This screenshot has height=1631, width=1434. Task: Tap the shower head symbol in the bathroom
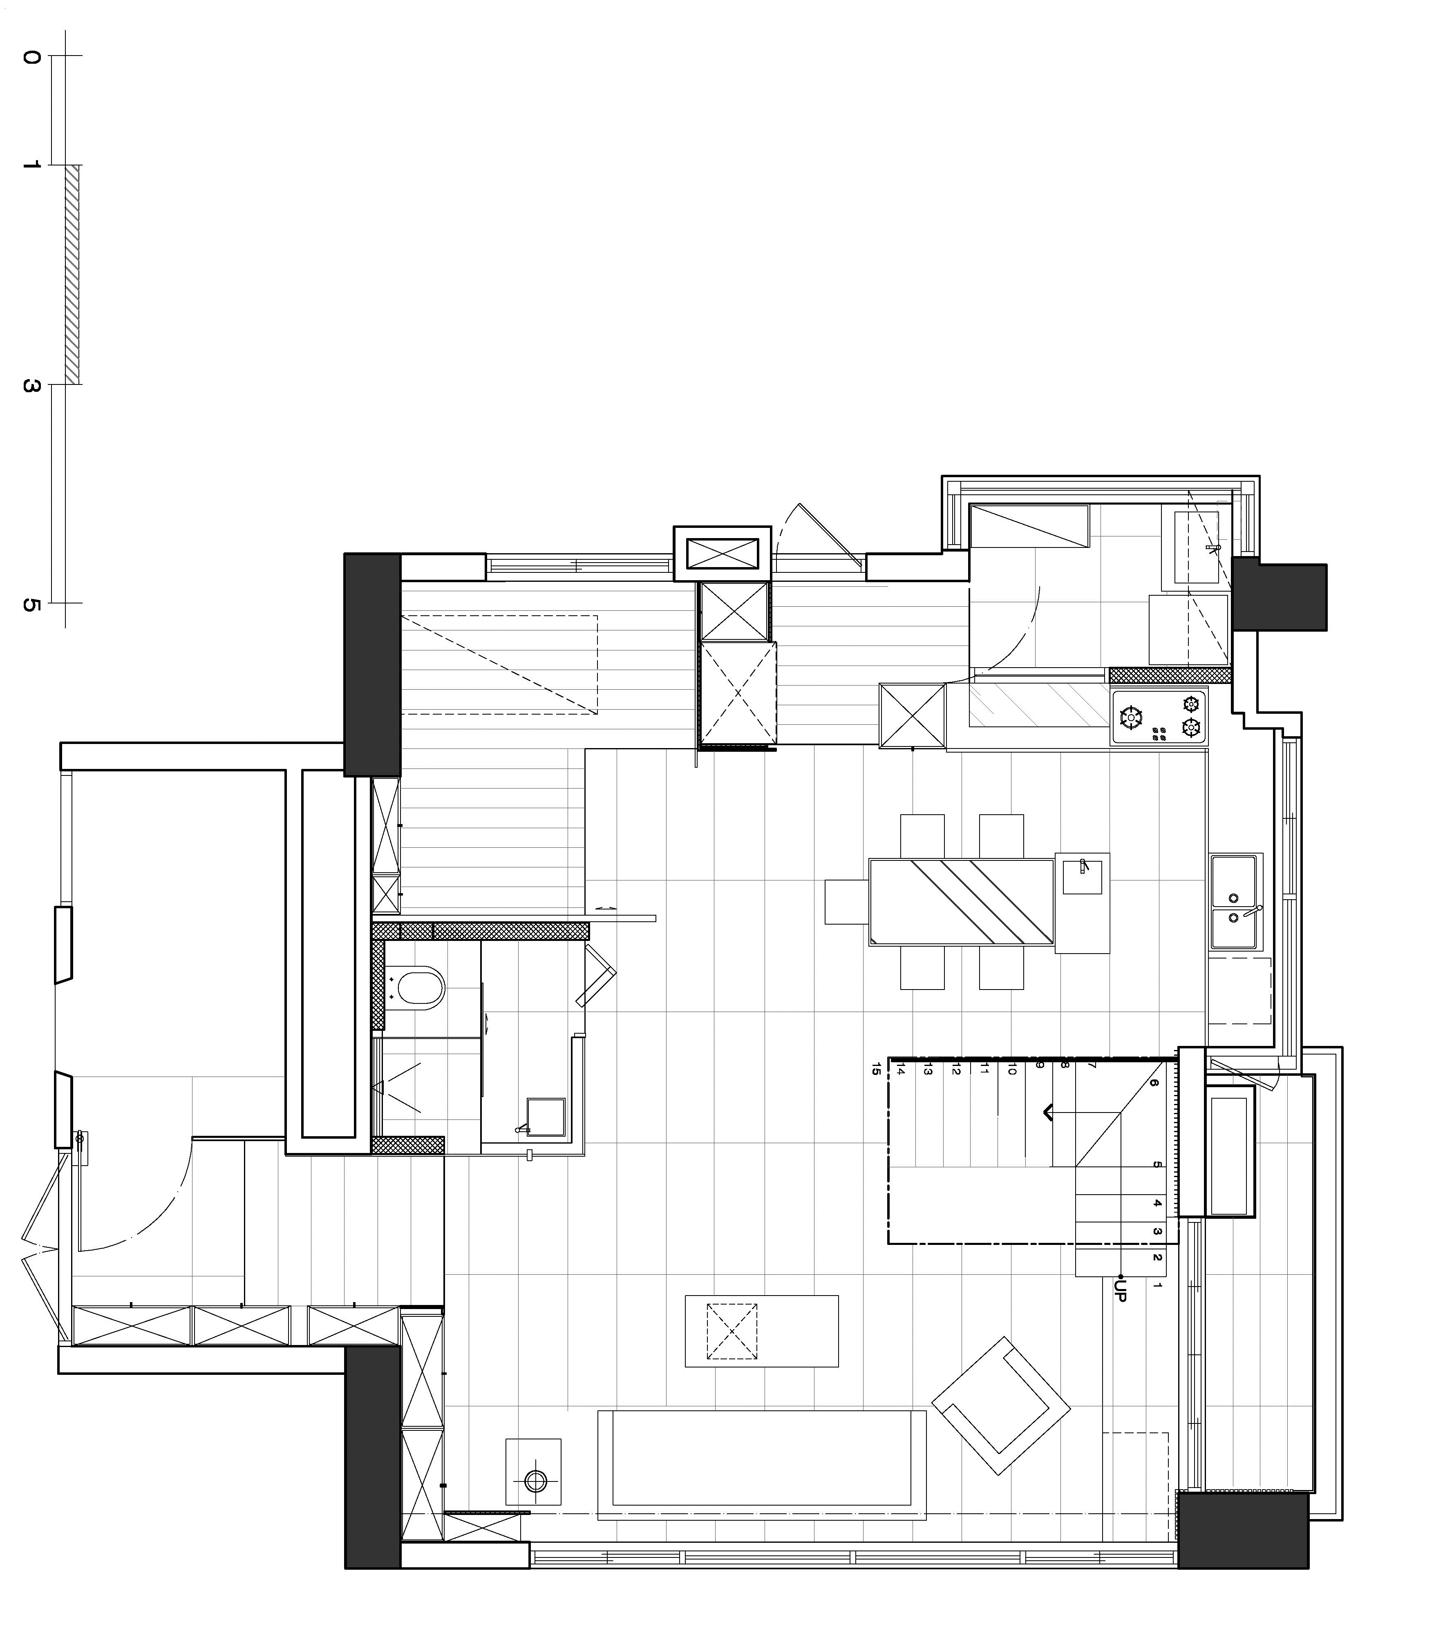click(x=380, y=1087)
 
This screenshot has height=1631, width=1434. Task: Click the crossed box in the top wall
click(x=722, y=554)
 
